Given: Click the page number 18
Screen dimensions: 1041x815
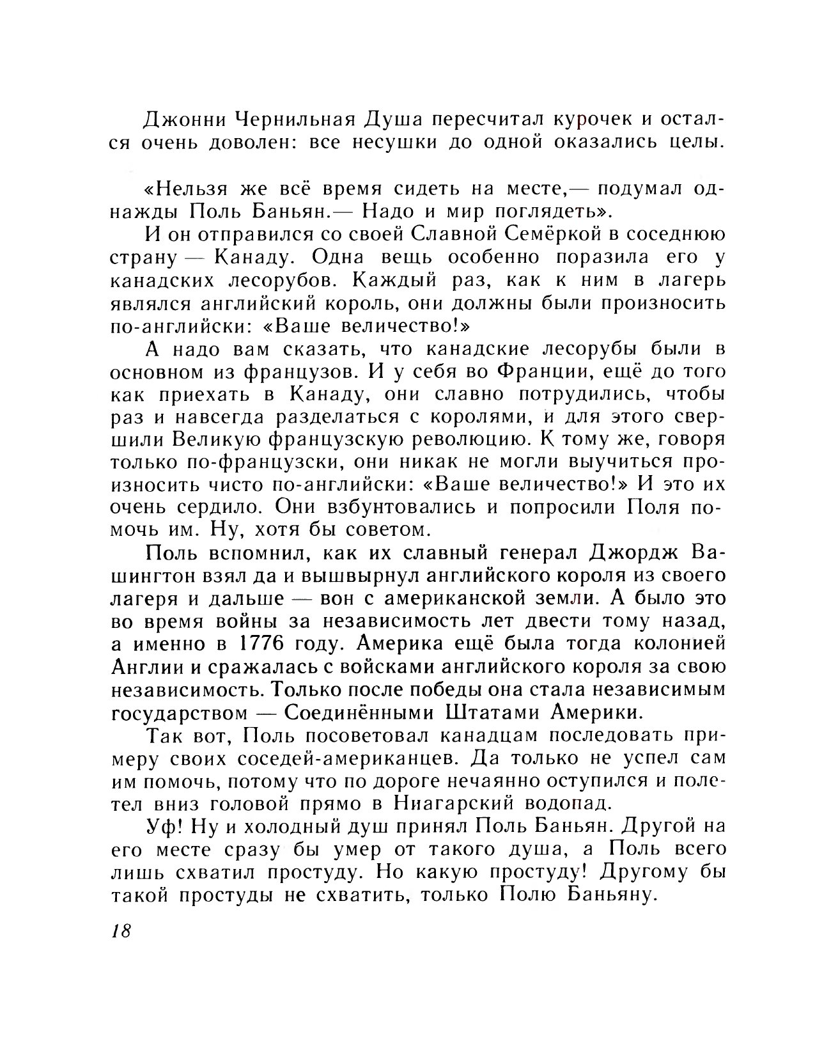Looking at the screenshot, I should point(121,930).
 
